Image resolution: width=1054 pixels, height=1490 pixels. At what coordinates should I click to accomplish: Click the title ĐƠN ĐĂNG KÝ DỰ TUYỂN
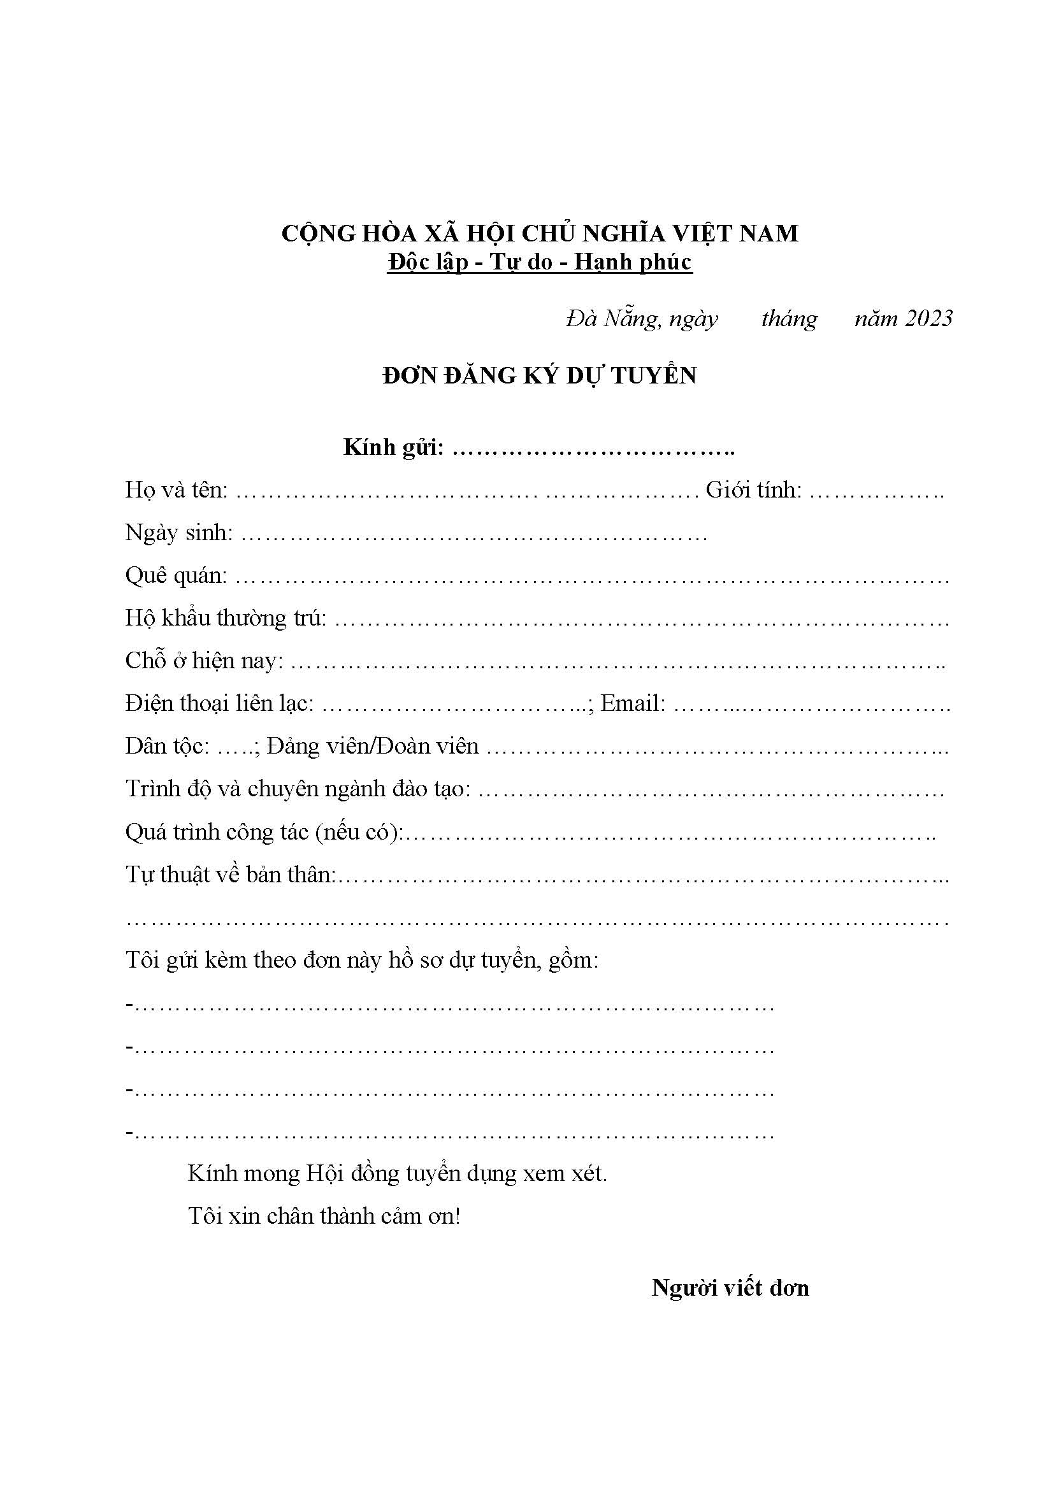point(539,376)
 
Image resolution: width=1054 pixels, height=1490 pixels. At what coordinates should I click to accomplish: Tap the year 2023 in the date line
point(928,318)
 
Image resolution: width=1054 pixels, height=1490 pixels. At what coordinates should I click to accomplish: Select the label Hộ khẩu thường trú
point(226,619)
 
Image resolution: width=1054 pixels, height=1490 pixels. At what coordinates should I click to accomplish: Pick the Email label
point(633,703)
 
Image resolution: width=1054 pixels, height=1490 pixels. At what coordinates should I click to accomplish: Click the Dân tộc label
point(168,747)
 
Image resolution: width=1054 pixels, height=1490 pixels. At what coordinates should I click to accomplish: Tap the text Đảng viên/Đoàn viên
point(373,747)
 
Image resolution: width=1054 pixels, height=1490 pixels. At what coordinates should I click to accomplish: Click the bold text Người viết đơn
point(730,1288)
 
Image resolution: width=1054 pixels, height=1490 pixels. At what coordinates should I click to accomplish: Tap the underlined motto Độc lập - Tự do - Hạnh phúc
point(539,262)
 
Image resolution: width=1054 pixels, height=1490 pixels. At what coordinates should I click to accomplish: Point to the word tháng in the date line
point(789,319)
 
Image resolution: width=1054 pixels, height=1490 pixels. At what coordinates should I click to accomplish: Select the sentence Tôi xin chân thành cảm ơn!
point(324,1215)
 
